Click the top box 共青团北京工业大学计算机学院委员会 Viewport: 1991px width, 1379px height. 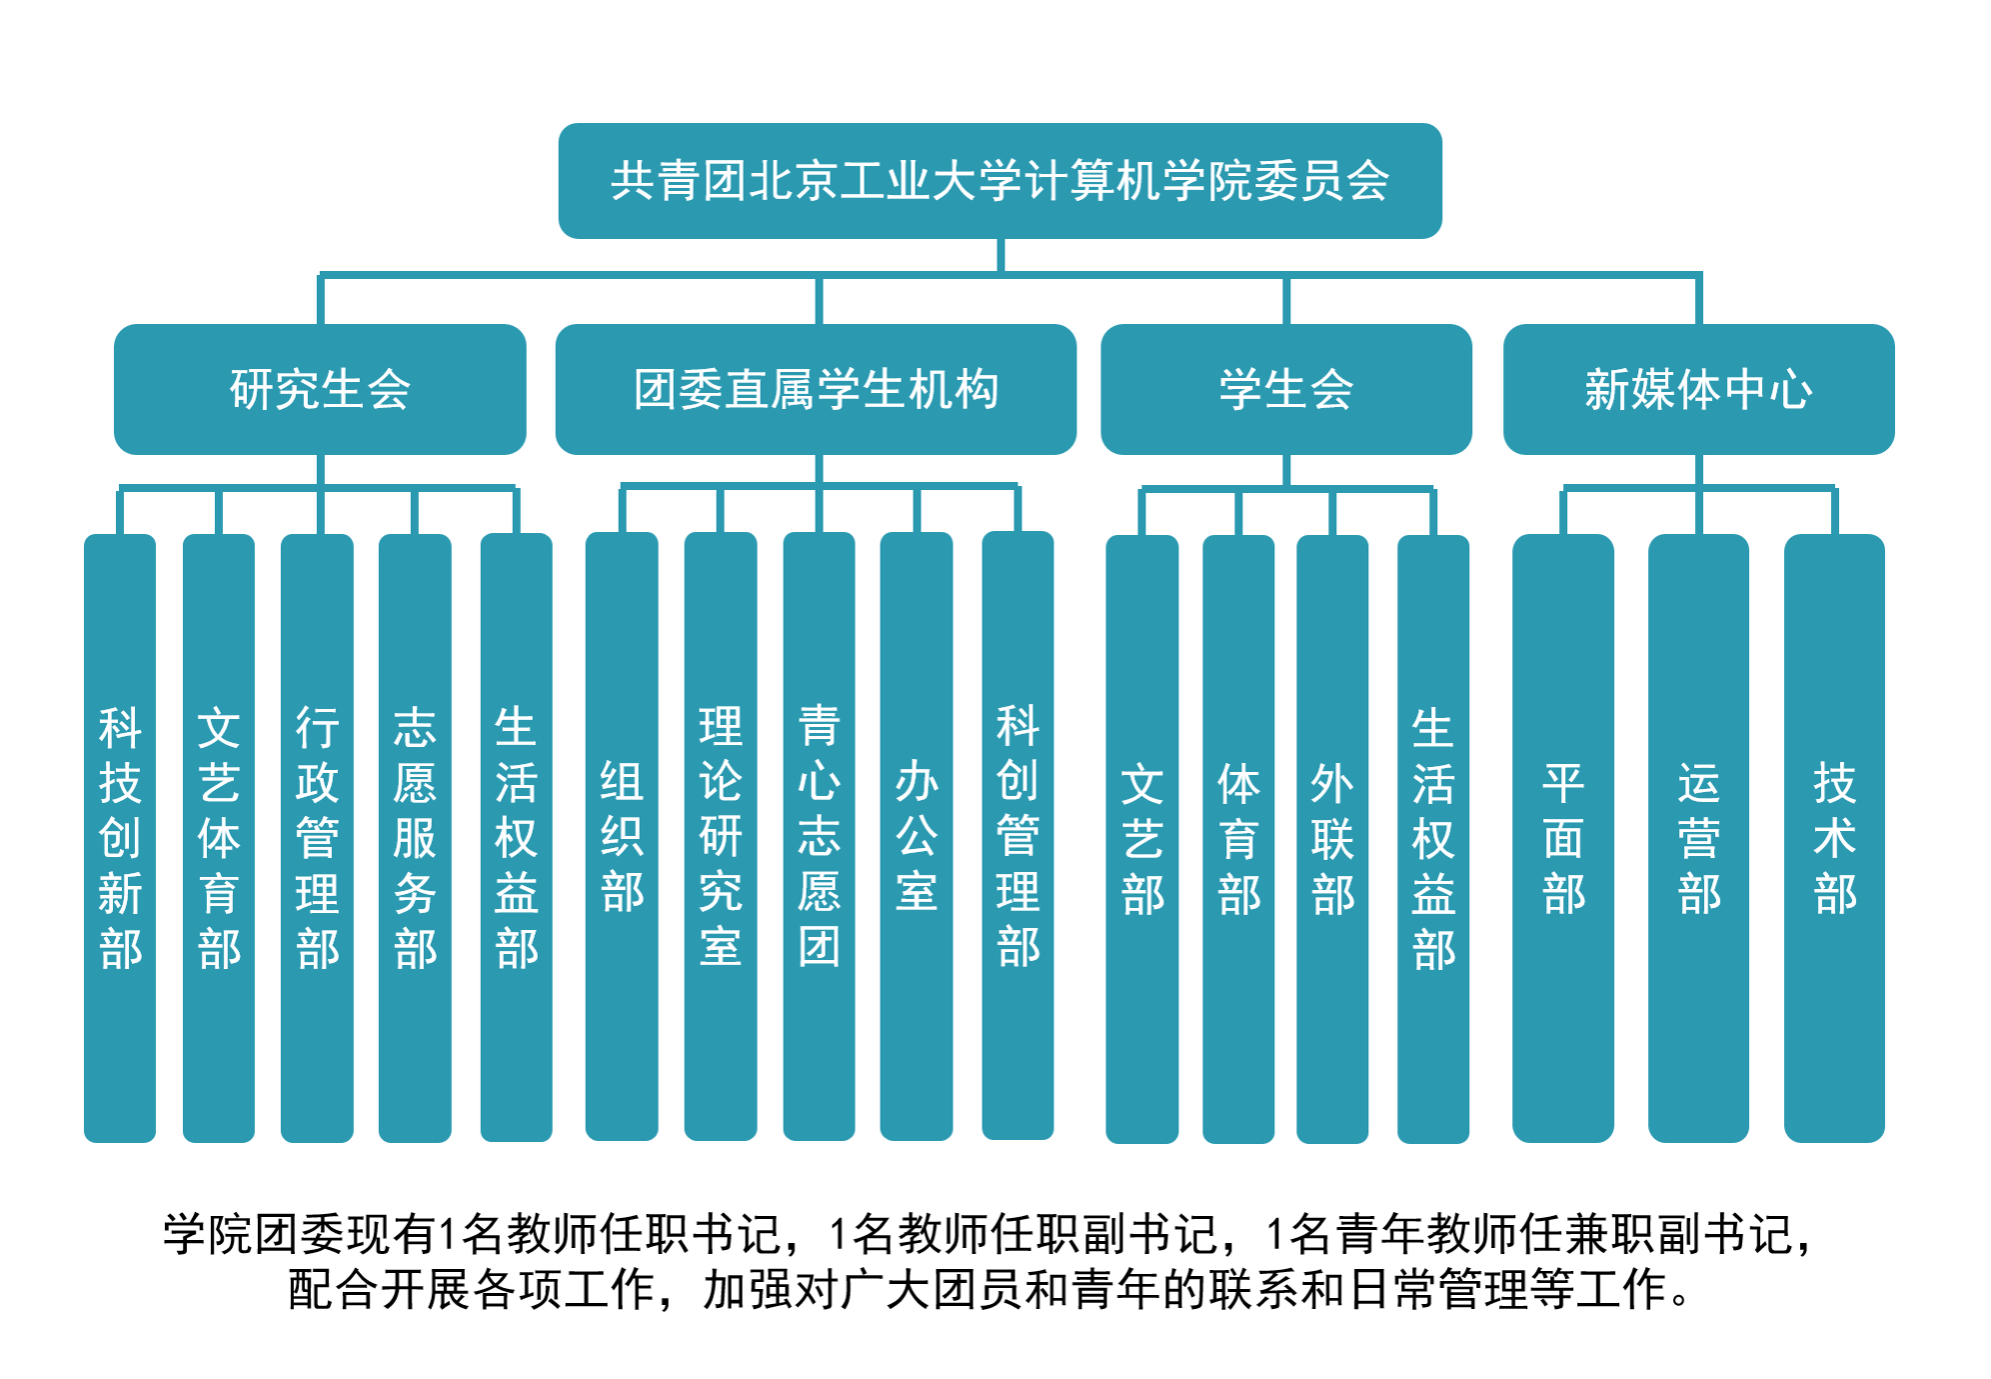point(999,181)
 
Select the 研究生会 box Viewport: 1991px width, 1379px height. point(320,389)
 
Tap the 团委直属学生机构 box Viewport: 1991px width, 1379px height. point(816,389)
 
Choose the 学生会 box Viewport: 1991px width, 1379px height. point(1285,389)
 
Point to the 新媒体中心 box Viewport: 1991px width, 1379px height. point(1698,389)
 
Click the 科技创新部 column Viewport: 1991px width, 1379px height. point(120,837)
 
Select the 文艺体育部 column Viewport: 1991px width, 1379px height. point(219,837)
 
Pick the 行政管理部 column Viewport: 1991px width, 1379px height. point(317,837)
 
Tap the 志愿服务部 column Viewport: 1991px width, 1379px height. point(415,837)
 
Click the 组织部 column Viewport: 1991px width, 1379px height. point(622,837)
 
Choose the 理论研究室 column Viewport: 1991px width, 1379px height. point(720,837)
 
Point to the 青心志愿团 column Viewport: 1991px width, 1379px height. point(819,837)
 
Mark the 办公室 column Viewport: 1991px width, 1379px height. point(917,837)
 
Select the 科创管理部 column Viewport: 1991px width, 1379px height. point(1017,837)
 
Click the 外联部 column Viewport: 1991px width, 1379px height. point(1332,838)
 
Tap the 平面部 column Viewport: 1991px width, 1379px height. point(1563,838)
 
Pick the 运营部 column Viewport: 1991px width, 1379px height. point(1698,838)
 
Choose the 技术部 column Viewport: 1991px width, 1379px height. point(1834,838)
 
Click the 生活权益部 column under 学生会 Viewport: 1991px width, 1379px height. point(1433,838)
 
